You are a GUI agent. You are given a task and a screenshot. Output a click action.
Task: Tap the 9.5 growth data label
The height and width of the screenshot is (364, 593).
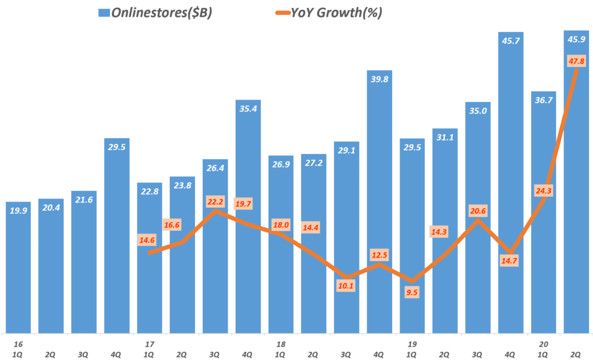pos(412,292)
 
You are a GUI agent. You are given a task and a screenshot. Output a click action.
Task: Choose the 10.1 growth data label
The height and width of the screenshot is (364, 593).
pos(346,285)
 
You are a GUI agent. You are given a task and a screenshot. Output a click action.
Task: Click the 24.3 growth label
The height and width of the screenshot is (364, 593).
pos(543,189)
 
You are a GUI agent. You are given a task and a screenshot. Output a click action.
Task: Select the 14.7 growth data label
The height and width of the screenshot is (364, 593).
pos(510,261)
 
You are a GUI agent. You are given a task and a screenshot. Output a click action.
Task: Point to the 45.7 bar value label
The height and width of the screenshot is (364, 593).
pos(510,41)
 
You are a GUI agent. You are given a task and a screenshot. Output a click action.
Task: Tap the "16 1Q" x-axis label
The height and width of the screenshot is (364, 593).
pos(19,348)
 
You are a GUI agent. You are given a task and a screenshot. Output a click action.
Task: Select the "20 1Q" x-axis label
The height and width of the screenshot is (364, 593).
pos(543,348)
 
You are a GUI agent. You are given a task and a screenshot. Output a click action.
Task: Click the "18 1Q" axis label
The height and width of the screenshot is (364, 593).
pos(281,348)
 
